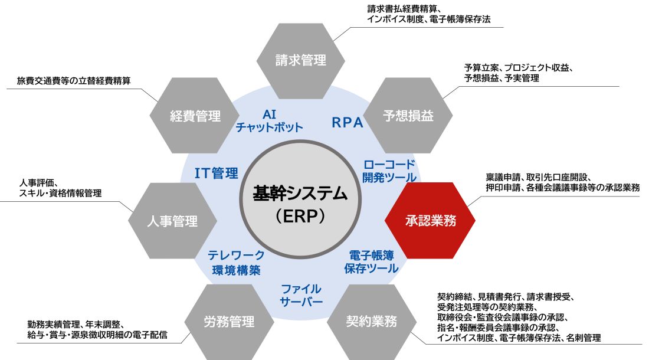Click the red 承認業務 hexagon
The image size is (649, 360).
pos(430,221)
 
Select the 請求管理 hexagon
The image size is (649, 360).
pos(301,61)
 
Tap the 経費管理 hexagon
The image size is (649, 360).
pos(195,116)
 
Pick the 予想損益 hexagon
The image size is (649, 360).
pos(408,116)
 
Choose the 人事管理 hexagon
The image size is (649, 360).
pos(173,221)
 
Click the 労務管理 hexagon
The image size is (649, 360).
pos(229,322)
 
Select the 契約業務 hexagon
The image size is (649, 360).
pos(372,322)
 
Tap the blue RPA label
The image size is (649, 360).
pos(348,123)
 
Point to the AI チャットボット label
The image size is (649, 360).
pos(270,121)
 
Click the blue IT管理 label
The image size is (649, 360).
pos(217,173)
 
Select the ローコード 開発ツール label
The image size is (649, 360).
pos(389,171)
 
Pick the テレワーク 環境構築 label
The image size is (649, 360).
pos(236,263)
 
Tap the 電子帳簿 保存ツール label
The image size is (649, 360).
pos(371,262)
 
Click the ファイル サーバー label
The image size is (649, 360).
pos(301,296)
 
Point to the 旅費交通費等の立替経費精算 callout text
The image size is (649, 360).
pos(74,81)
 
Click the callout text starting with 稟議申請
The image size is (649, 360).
pos(562,182)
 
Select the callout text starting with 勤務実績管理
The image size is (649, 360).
pos(97,330)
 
